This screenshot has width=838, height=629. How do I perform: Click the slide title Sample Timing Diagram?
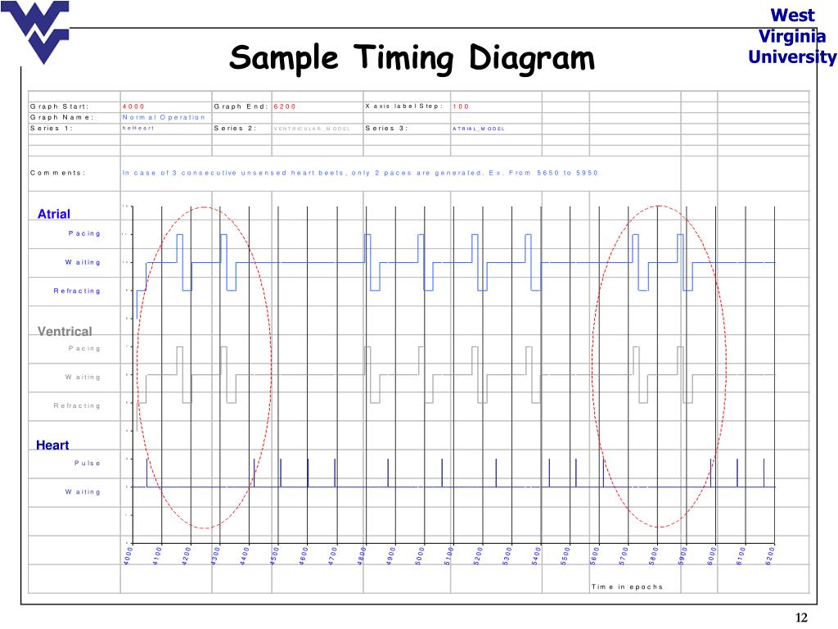(412, 59)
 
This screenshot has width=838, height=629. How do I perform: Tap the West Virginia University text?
(792, 36)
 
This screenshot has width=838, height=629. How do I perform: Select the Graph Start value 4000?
(133, 106)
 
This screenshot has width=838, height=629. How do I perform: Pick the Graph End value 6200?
(285, 106)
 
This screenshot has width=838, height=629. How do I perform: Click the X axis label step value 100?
(461, 106)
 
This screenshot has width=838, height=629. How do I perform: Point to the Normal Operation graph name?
(164, 117)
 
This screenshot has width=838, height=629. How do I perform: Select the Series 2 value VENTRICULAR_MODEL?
(318, 129)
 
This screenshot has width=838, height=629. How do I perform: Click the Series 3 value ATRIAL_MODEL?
(479, 129)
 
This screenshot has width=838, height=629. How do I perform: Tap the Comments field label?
(57, 173)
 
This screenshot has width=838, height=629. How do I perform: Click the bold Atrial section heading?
(54, 214)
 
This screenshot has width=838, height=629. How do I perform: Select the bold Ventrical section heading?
(65, 331)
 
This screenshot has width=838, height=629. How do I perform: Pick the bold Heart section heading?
(52, 445)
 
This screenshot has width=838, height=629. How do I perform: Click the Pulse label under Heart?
(88, 464)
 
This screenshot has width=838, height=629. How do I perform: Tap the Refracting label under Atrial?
(77, 291)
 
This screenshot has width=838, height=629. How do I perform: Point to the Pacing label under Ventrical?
(84, 349)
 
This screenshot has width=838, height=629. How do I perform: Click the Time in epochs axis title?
(627, 586)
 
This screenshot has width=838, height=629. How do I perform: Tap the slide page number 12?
(802, 618)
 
